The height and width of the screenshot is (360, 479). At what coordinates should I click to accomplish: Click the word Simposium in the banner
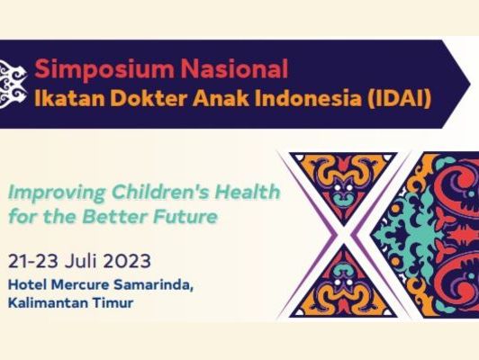[104, 69]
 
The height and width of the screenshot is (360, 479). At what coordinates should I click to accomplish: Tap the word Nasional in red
[234, 68]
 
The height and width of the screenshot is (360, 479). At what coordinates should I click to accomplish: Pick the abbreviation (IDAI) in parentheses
[400, 99]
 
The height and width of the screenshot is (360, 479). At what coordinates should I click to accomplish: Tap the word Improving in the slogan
[57, 193]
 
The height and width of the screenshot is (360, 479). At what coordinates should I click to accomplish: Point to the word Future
[185, 216]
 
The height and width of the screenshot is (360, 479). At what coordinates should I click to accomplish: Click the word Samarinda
[154, 285]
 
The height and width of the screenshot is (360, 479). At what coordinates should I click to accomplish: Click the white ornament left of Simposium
[13, 84]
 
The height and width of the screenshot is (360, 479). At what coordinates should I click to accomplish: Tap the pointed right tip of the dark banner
[469, 84]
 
